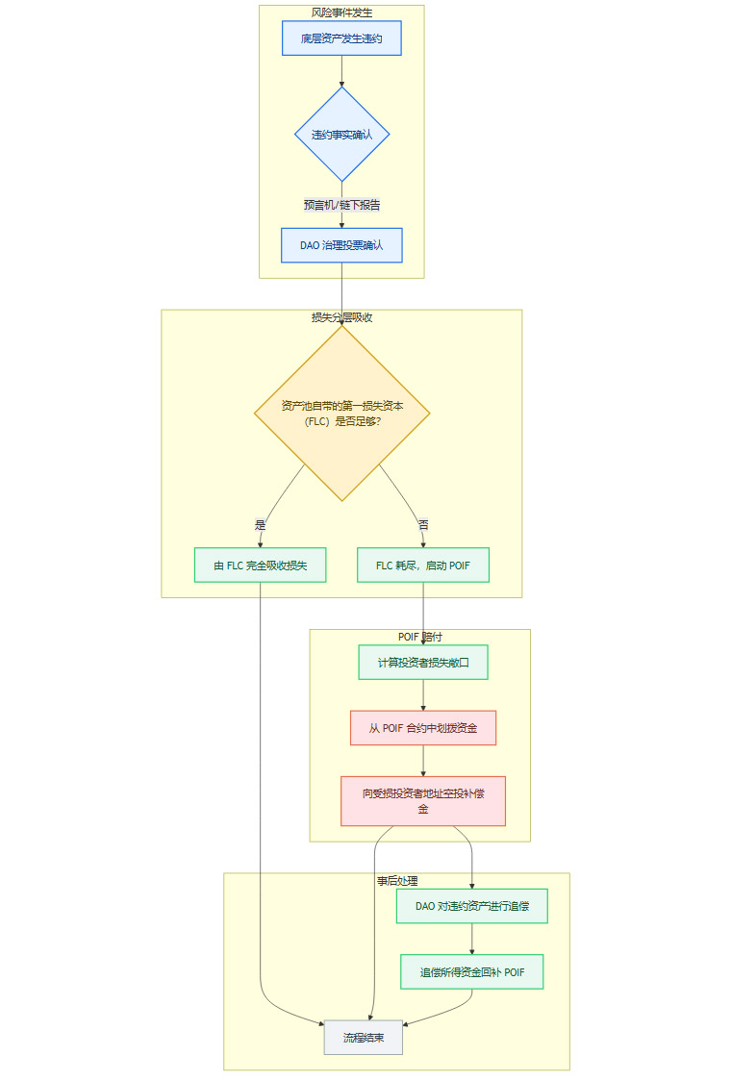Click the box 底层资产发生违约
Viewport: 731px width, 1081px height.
click(x=341, y=38)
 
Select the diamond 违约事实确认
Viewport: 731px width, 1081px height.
click(x=341, y=135)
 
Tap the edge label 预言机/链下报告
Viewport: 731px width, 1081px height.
click(x=341, y=205)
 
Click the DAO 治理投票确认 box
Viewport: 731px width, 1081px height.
click(x=341, y=245)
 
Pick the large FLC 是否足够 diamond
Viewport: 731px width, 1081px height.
click(x=341, y=413)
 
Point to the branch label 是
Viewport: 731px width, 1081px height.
click(x=260, y=525)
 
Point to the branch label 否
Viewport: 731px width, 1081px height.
click(x=423, y=525)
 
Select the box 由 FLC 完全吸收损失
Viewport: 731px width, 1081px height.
click(x=260, y=566)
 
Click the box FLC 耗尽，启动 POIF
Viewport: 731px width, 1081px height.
click(x=423, y=566)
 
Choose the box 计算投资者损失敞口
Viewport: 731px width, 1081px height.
click(x=423, y=663)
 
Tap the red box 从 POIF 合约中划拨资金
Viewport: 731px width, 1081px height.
click(x=423, y=728)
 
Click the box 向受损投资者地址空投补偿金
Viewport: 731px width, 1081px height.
click(x=423, y=801)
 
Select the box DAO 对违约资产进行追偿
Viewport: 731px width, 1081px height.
click(x=471, y=906)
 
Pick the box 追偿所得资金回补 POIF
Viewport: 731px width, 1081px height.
click(x=471, y=971)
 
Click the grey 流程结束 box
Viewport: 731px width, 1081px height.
click(x=363, y=1038)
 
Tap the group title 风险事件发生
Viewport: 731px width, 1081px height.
click(x=341, y=13)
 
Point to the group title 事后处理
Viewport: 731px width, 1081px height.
click(x=396, y=881)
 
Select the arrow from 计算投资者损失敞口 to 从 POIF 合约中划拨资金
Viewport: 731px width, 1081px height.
click(x=423, y=695)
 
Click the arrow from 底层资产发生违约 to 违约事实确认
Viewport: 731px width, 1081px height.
click(x=341, y=71)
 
